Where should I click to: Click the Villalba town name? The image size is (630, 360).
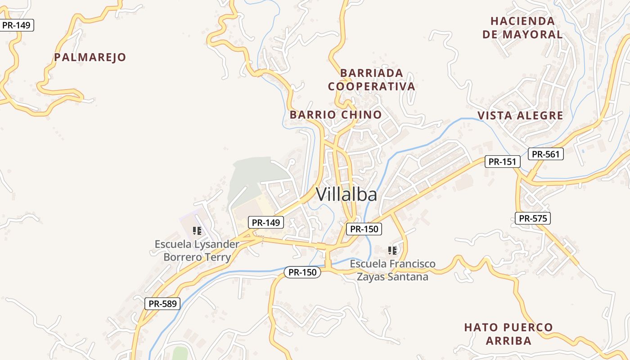[346, 194]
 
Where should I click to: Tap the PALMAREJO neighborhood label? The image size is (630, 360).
[90, 57]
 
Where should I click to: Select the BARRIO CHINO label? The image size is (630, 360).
[336, 115]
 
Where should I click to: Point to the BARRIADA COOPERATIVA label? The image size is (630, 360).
[371, 80]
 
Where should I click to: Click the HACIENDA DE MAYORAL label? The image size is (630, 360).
[522, 28]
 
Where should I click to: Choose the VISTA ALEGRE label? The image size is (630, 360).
[520, 116]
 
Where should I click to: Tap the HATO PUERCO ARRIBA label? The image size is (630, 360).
[508, 333]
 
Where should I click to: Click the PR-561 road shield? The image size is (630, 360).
[545, 154]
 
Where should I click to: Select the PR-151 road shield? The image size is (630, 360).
[502, 162]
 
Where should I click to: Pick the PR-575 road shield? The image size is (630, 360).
[533, 219]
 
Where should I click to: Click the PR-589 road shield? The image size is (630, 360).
[162, 304]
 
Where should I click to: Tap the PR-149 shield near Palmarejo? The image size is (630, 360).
[16, 25]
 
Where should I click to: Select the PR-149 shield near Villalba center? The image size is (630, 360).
[265, 222]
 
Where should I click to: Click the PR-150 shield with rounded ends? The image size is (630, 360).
[302, 272]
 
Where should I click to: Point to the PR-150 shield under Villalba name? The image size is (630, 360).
[364, 229]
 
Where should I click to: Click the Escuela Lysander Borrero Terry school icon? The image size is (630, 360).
[197, 231]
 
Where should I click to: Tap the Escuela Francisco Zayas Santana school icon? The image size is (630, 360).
[392, 250]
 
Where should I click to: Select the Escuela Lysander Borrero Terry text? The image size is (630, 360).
[197, 251]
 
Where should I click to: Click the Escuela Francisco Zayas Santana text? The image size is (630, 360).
[392, 270]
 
